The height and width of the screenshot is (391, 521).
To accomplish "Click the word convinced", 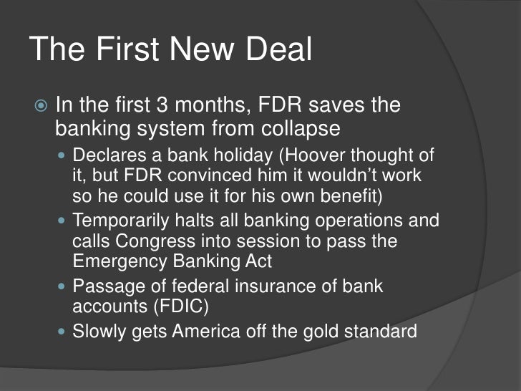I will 215,175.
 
